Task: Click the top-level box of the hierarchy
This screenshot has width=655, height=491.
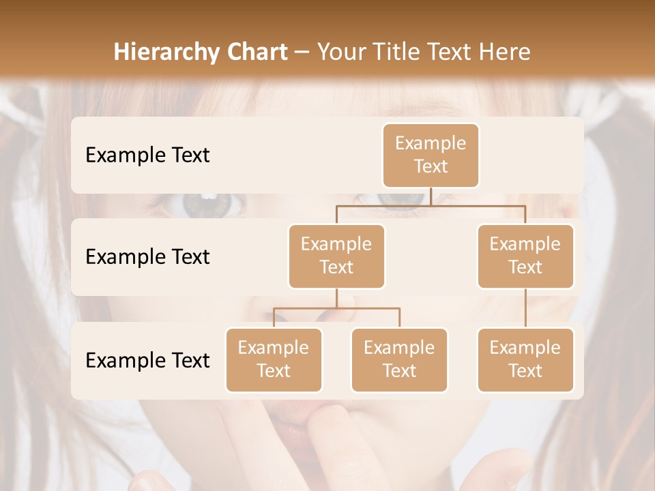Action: [431, 155]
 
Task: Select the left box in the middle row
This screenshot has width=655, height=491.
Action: [336, 256]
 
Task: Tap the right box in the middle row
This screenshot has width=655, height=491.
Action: [525, 256]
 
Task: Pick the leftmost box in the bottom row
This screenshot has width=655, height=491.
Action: [274, 359]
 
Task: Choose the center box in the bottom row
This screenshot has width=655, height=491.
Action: [399, 359]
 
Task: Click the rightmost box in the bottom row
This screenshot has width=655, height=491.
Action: [525, 359]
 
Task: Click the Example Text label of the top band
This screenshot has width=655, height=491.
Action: [147, 155]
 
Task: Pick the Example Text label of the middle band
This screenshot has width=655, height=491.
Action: [147, 257]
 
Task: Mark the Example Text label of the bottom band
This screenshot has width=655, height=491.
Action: [147, 361]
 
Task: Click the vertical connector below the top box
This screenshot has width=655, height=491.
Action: [431, 196]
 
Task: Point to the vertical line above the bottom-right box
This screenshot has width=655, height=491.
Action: [525, 308]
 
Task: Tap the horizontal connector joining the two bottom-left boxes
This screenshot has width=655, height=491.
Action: [336, 308]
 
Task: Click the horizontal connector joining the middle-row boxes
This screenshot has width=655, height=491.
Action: [431, 205]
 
